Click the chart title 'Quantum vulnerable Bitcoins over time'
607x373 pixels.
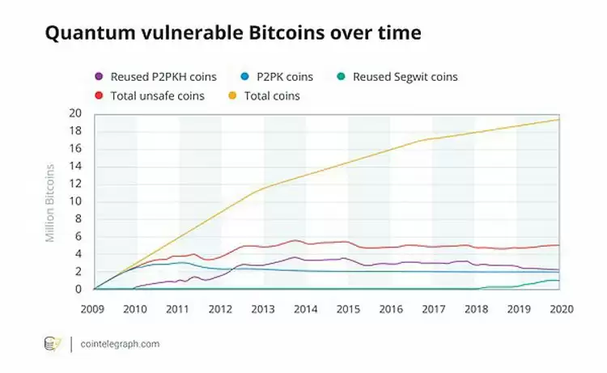click(x=232, y=33)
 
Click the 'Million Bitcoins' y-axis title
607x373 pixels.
click(x=50, y=202)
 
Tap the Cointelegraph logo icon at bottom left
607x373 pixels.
click(x=53, y=344)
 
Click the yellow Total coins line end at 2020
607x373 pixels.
click(x=558, y=120)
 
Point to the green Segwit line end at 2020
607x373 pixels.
click(x=558, y=281)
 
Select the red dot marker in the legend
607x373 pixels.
click(x=99, y=95)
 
